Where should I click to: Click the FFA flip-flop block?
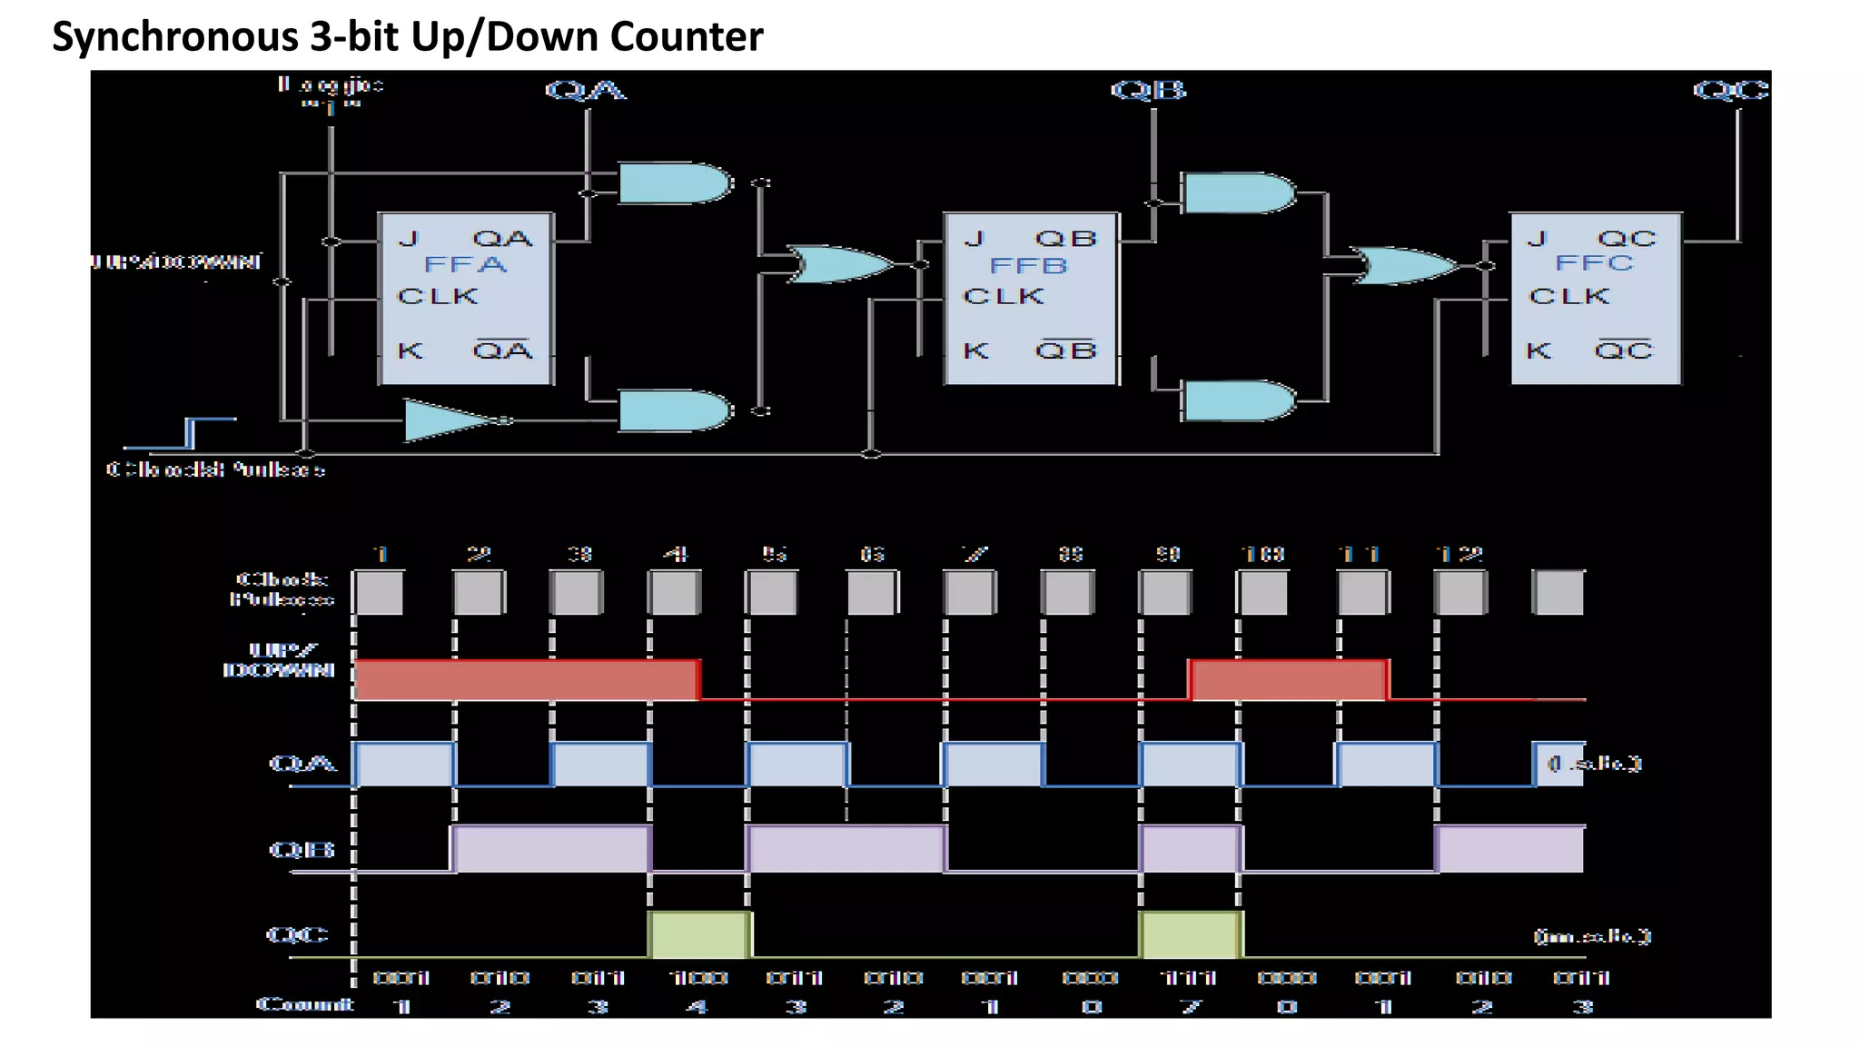[465, 298]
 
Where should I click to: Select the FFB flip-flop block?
[1030, 298]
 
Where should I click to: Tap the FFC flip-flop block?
[1595, 298]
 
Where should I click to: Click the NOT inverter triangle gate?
[450, 420]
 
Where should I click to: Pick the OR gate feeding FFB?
[837, 264]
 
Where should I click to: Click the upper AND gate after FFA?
[674, 183]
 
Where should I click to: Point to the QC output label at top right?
[1731, 90]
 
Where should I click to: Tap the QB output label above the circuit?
[1148, 90]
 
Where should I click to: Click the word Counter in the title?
[687, 36]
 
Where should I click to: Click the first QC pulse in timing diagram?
[699, 935]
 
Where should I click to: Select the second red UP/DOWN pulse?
[1289, 680]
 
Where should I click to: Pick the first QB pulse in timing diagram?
[550, 849]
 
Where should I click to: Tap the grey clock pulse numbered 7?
[969, 593]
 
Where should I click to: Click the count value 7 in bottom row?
[1191, 1006]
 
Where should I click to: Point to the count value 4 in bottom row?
[697, 1006]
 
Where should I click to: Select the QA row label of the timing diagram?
[302, 763]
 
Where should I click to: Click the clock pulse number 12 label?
[1459, 554]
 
